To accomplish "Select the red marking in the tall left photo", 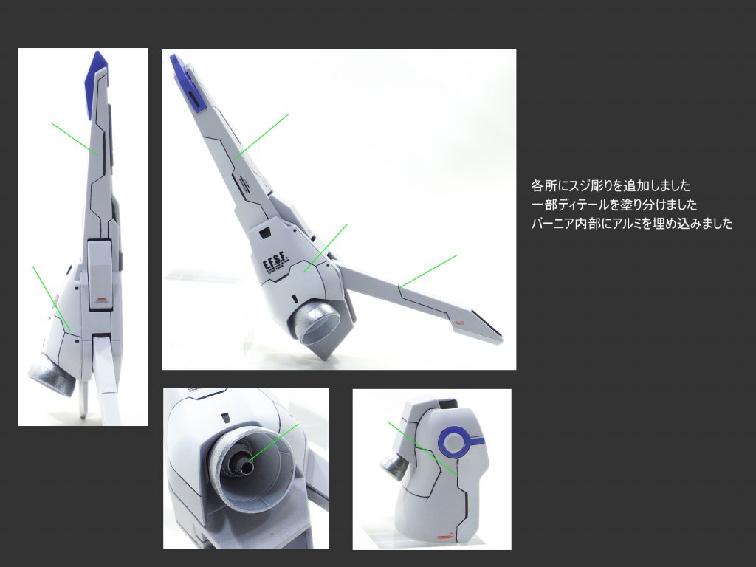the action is (x=100, y=300).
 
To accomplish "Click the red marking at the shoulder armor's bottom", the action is (x=444, y=535).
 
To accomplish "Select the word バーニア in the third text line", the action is (x=549, y=224).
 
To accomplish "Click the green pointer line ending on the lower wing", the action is (x=427, y=271).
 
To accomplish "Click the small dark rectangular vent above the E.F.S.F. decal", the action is (x=264, y=234).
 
